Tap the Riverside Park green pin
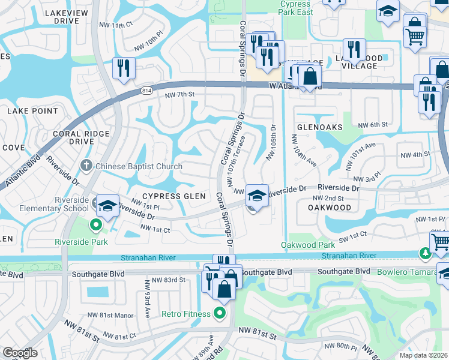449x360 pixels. point(95,226)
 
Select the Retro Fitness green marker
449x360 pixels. point(220,313)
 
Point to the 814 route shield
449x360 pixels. point(146,91)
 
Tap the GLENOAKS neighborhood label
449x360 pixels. point(319,127)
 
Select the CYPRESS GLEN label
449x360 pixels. point(173,196)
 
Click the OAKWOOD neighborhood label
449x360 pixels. point(330,208)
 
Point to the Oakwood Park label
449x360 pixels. point(308,245)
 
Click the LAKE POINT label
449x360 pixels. point(32,111)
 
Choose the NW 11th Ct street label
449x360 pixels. point(116,25)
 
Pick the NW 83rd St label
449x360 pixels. point(168,280)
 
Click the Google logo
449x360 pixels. point(20,353)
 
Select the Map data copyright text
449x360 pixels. point(423,355)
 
